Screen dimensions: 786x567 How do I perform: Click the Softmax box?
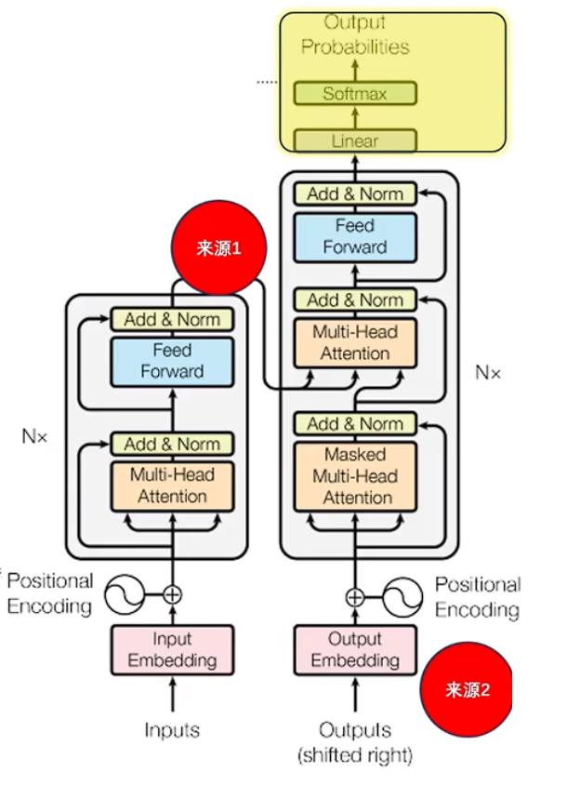(x=354, y=94)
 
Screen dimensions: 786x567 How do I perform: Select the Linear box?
(x=354, y=141)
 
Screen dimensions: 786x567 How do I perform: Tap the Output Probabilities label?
(x=354, y=35)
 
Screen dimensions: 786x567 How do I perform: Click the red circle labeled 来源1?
(x=219, y=248)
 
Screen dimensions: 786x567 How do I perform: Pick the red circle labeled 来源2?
(x=467, y=689)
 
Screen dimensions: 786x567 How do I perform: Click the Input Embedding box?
(x=172, y=650)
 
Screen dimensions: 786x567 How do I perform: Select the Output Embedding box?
(x=354, y=650)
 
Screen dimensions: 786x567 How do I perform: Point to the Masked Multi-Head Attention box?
(x=354, y=476)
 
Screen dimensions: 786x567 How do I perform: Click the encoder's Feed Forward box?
(x=172, y=361)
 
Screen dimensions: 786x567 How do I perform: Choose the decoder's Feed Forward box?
(x=354, y=236)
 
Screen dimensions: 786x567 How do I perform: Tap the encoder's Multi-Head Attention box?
(x=172, y=485)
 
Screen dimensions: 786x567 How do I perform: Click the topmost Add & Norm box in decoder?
(x=354, y=193)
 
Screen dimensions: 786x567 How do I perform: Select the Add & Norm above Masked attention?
(x=354, y=424)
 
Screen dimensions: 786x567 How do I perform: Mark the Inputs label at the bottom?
(x=172, y=730)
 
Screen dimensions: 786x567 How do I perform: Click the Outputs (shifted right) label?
(x=354, y=741)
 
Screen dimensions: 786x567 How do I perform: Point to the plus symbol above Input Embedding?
(x=172, y=594)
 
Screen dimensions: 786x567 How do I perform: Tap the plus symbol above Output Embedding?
(x=354, y=596)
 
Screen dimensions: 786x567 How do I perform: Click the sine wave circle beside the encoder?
(x=124, y=594)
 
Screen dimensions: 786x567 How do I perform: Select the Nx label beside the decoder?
(x=488, y=372)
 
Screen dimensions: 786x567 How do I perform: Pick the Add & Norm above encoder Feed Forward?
(x=172, y=319)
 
